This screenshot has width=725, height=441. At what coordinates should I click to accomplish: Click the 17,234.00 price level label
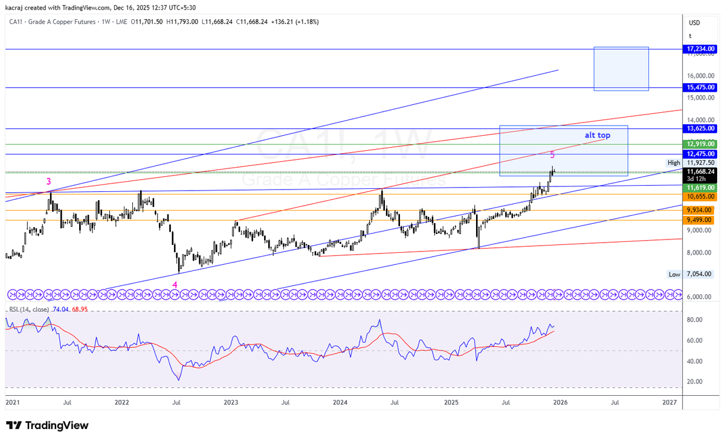click(701, 49)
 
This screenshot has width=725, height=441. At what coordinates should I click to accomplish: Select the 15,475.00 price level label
click(701, 87)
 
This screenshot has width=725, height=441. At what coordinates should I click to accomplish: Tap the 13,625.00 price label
click(701, 128)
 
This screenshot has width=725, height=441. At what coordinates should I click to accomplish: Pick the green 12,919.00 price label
click(701, 144)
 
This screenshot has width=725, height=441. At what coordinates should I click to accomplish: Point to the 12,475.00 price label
click(701, 154)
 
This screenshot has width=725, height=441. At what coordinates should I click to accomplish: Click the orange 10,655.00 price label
click(701, 197)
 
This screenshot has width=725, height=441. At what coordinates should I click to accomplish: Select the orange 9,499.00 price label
click(701, 220)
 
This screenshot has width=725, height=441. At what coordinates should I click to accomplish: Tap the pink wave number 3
click(49, 181)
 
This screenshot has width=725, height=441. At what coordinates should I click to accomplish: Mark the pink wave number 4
click(175, 285)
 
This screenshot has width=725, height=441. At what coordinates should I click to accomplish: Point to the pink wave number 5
click(552, 155)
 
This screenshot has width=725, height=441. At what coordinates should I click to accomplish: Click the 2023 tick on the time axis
click(231, 402)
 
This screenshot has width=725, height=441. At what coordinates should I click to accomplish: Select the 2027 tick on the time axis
click(669, 402)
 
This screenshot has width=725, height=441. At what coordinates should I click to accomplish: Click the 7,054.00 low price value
click(701, 274)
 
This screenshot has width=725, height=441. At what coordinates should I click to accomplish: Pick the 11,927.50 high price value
click(701, 162)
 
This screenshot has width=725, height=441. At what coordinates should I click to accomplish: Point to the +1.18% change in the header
click(305, 22)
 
